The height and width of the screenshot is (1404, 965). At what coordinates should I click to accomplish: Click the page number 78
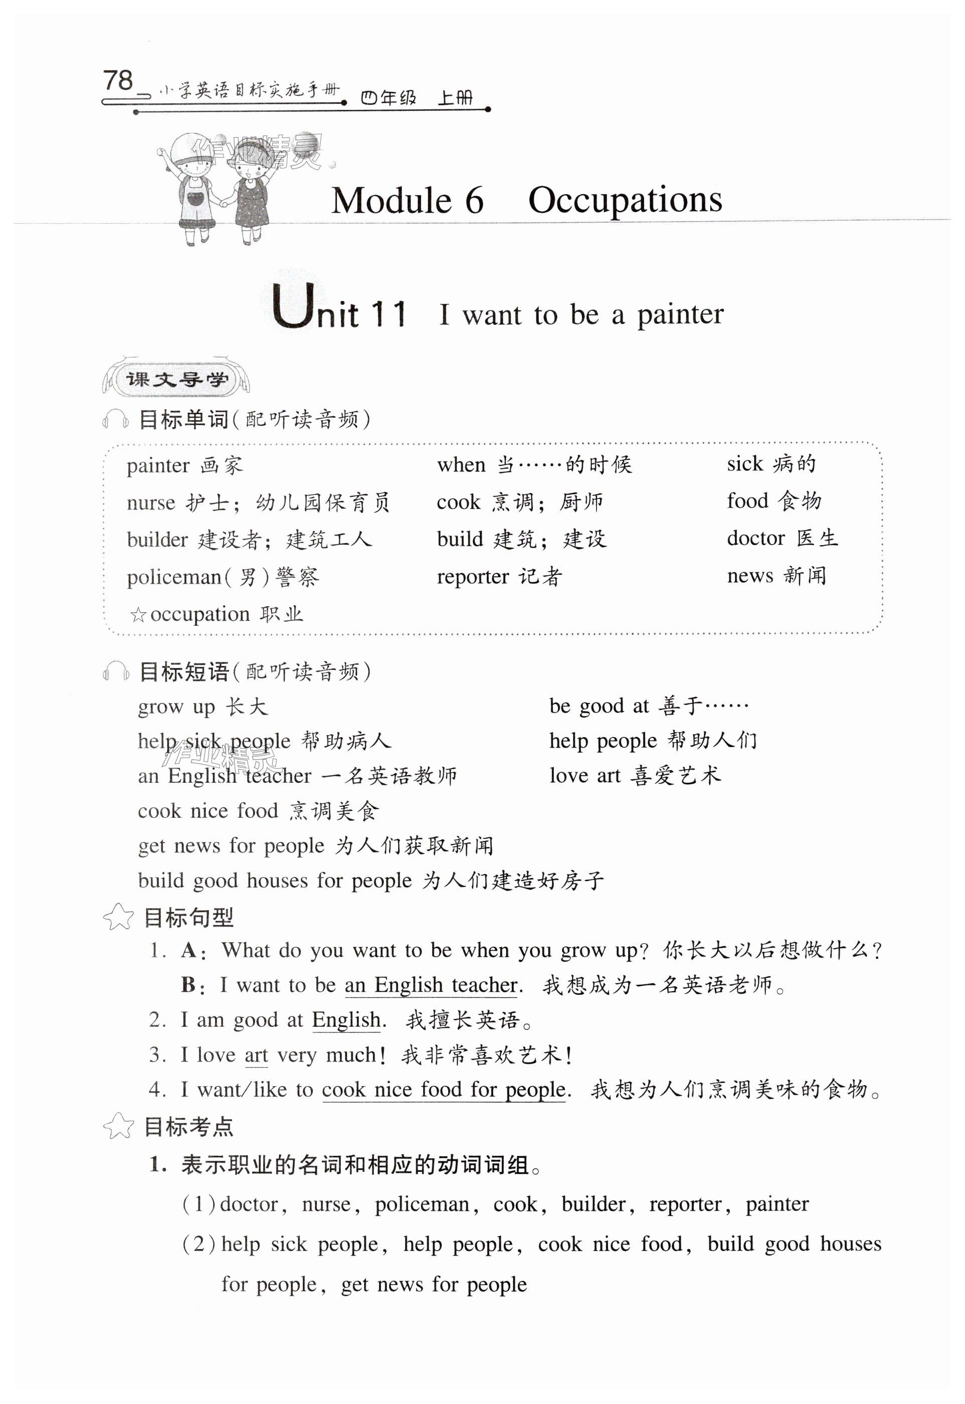pyautogui.click(x=118, y=80)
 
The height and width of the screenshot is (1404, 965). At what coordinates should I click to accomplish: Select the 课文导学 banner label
pyautogui.click(x=176, y=380)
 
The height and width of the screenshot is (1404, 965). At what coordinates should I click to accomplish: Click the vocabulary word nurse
pyautogui.click(x=150, y=503)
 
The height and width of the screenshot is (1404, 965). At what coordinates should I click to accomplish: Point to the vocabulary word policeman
pyautogui.click(x=174, y=578)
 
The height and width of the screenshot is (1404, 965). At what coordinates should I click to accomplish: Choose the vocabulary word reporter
pyautogui.click(x=473, y=577)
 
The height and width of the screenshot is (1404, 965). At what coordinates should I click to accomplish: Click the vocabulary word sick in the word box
pyautogui.click(x=745, y=464)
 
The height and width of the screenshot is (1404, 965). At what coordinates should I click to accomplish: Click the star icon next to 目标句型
pyautogui.click(x=118, y=917)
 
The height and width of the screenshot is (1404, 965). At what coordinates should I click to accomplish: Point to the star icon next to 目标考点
pyautogui.click(x=118, y=1126)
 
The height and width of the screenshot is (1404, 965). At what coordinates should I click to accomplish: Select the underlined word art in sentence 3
pyautogui.click(x=256, y=1055)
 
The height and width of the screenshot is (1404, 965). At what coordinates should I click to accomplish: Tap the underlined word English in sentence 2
pyautogui.click(x=346, y=1020)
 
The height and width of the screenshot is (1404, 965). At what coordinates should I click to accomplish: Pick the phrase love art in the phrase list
pyautogui.click(x=585, y=776)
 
